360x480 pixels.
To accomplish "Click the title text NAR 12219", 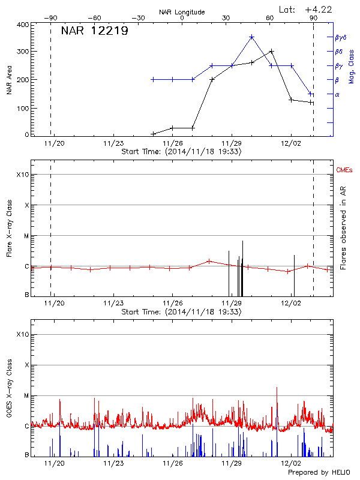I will pyautogui.click(x=94, y=32).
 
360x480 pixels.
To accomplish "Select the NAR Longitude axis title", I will pyautogui.click(x=182, y=12).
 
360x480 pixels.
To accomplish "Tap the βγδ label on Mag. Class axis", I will pyautogui.click(x=340, y=37).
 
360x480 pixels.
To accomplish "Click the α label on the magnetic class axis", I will pyautogui.click(x=337, y=94).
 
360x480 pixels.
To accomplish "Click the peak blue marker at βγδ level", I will pyautogui.click(x=251, y=37).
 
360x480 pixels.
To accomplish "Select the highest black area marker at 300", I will pyautogui.click(x=272, y=52).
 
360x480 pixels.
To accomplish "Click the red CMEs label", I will pyautogui.click(x=344, y=170).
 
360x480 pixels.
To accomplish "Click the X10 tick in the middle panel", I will pyautogui.click(x=23, y=175).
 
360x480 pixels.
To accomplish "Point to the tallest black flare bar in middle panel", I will pyautogui.click(x=242, y=267).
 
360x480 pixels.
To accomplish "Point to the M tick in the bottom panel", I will pyautogui.click(x=26, y=395).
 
